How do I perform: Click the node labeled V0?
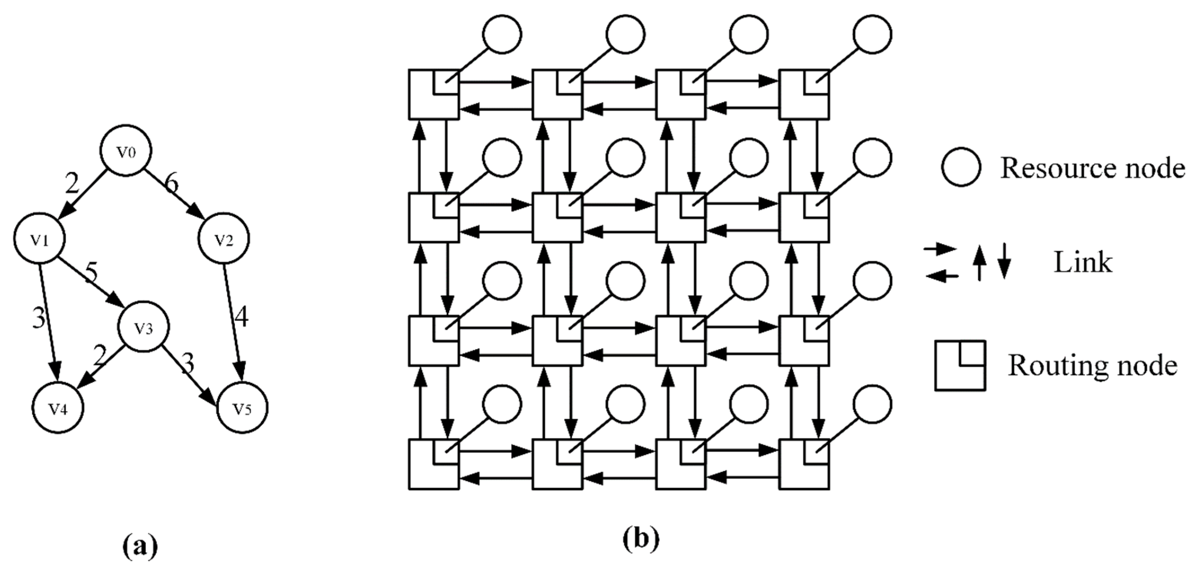click(x=126, y=151)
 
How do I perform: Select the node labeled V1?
click(x=40, y=238)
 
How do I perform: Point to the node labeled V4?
click(x=58, y=408)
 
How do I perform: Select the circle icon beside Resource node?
click(x=961, y=168)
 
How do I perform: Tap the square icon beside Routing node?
click(x=960, y=366)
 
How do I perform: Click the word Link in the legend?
click(x=1083, y=263)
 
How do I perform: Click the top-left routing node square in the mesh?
click(x=434, y=94)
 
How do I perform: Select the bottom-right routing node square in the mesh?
click(x=804, y=465)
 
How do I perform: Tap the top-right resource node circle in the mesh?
click(x=872, y=34)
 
